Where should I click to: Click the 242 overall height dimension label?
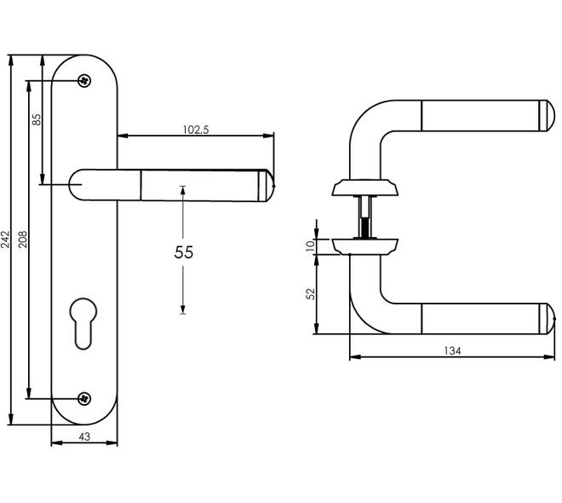click(x=5, y=240)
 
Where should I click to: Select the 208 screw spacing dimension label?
click(x=23, y=240)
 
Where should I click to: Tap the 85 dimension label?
click(x=37, y=119)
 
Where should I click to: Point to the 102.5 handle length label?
click(x=196, y=130)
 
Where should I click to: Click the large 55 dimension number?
click(x=184, y=252)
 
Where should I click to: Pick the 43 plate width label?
click(x=84, y=437)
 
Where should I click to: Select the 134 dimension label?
click(x=452, y=351)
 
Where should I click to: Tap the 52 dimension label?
click(x=311, y=294)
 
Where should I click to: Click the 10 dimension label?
click(x=311, y=246)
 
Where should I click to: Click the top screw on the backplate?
click(x=84, y=81)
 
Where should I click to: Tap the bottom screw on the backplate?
click(x=84, y=399)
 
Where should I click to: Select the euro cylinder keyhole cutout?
click(x=83, y=323)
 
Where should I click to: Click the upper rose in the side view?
click(x=364, y=188)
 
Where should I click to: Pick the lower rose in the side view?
click(x=364, y=246)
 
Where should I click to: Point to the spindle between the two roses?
click(x=364, y=217)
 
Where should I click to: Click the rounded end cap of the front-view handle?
click(x=266, y=186)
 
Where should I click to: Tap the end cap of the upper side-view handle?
click(x=547, y=116)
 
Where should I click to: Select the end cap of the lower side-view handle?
click(x=547, y=319)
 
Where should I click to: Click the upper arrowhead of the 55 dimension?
click(x=183, y=190)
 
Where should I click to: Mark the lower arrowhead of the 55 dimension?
click(x=183, y=309)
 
